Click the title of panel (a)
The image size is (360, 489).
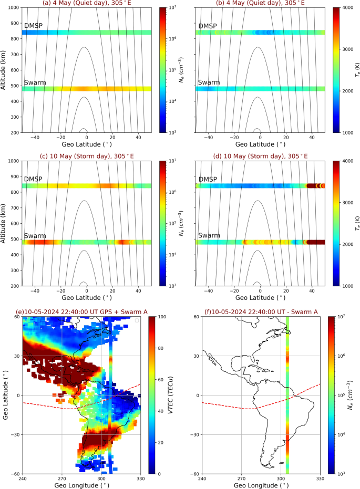click(x=87, y=4)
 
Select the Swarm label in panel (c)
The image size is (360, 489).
click(x=35, y=236)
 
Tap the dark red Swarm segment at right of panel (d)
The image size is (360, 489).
click(x=316, y=242)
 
